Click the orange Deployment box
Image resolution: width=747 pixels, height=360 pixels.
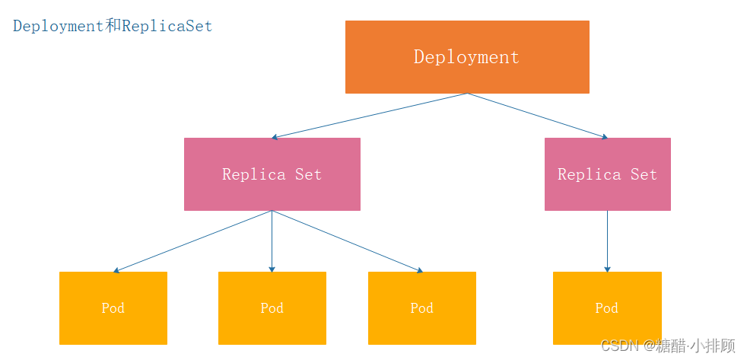tap(467, 57)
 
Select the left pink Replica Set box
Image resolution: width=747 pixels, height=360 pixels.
tap(272, 174)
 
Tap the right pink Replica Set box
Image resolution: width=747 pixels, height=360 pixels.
tap(607, 174)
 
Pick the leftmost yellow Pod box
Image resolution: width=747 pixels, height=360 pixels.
tap(113, 308)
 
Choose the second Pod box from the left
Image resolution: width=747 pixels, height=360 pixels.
tap(272, 308)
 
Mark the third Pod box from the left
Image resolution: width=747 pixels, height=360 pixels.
tap(421, 308)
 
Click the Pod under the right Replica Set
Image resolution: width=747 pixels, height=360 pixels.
tap(607, 308)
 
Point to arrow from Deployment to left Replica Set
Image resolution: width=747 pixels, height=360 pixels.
tap(369, 116)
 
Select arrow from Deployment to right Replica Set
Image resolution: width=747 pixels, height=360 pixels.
tap(537, 116)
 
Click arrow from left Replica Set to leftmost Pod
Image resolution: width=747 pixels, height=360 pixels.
tap(192, 241)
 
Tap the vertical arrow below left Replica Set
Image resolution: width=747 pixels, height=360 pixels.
tap(272, 241)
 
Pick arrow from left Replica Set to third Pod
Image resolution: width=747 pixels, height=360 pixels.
tap(347, 241)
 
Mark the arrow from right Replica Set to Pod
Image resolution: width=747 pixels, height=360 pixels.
tap(607, 241)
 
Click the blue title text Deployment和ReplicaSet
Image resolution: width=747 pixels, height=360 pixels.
tap(113, 26)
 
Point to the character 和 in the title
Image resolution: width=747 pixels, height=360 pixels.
tap(112, 26)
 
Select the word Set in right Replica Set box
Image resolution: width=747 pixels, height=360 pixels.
tap(644, 174)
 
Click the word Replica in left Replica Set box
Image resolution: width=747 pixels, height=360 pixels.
tap(254, 174)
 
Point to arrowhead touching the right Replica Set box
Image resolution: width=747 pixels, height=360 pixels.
tap(604, 137)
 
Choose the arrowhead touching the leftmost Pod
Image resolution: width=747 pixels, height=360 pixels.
tap(116, 270)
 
